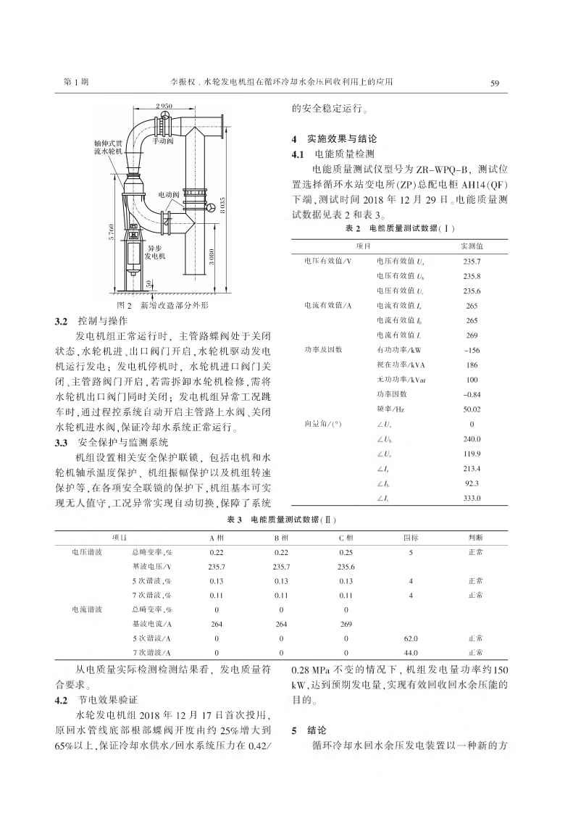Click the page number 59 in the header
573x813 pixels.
495,83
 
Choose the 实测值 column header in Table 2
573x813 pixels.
472,247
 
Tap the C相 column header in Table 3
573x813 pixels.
346,538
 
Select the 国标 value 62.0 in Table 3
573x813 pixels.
411,638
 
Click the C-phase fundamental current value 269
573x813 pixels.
346,624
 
